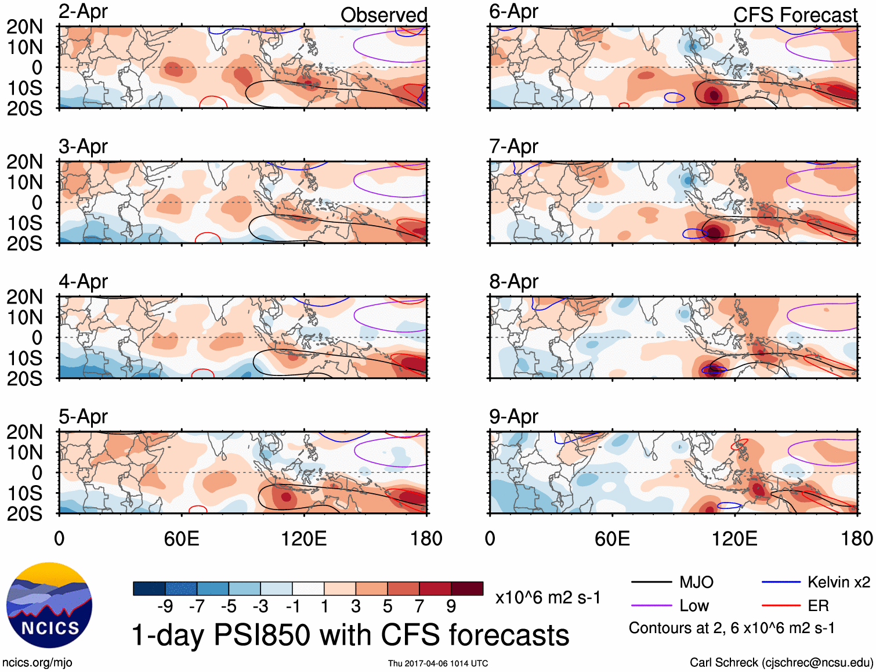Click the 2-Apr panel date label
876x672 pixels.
coord(83,12)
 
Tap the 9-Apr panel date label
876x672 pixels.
coord(513,417)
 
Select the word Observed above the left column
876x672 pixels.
coord(383,15)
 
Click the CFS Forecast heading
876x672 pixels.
coord(795,15)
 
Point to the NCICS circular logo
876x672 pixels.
coord(49,605)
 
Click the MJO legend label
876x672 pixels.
coord(696,582)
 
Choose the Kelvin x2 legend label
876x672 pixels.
coord(838,582)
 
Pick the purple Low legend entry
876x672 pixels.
coord(694,606)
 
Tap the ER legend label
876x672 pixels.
coord(818,606)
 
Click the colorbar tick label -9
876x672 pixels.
coord(165,606)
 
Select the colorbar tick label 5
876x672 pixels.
coord(388,606)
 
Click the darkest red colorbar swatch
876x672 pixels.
coord(467,588)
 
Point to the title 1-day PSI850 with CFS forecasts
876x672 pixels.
coord(350,635)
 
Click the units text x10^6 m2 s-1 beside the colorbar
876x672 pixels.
coord(548,597)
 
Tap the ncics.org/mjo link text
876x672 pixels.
coord(37,663)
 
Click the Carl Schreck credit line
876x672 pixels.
coord(781,663)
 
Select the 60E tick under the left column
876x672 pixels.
coord(182,539)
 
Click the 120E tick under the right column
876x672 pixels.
coord(734,539)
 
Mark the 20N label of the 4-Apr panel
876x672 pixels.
coord(24,297)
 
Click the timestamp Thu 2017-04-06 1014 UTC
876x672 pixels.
coord(438,663)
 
